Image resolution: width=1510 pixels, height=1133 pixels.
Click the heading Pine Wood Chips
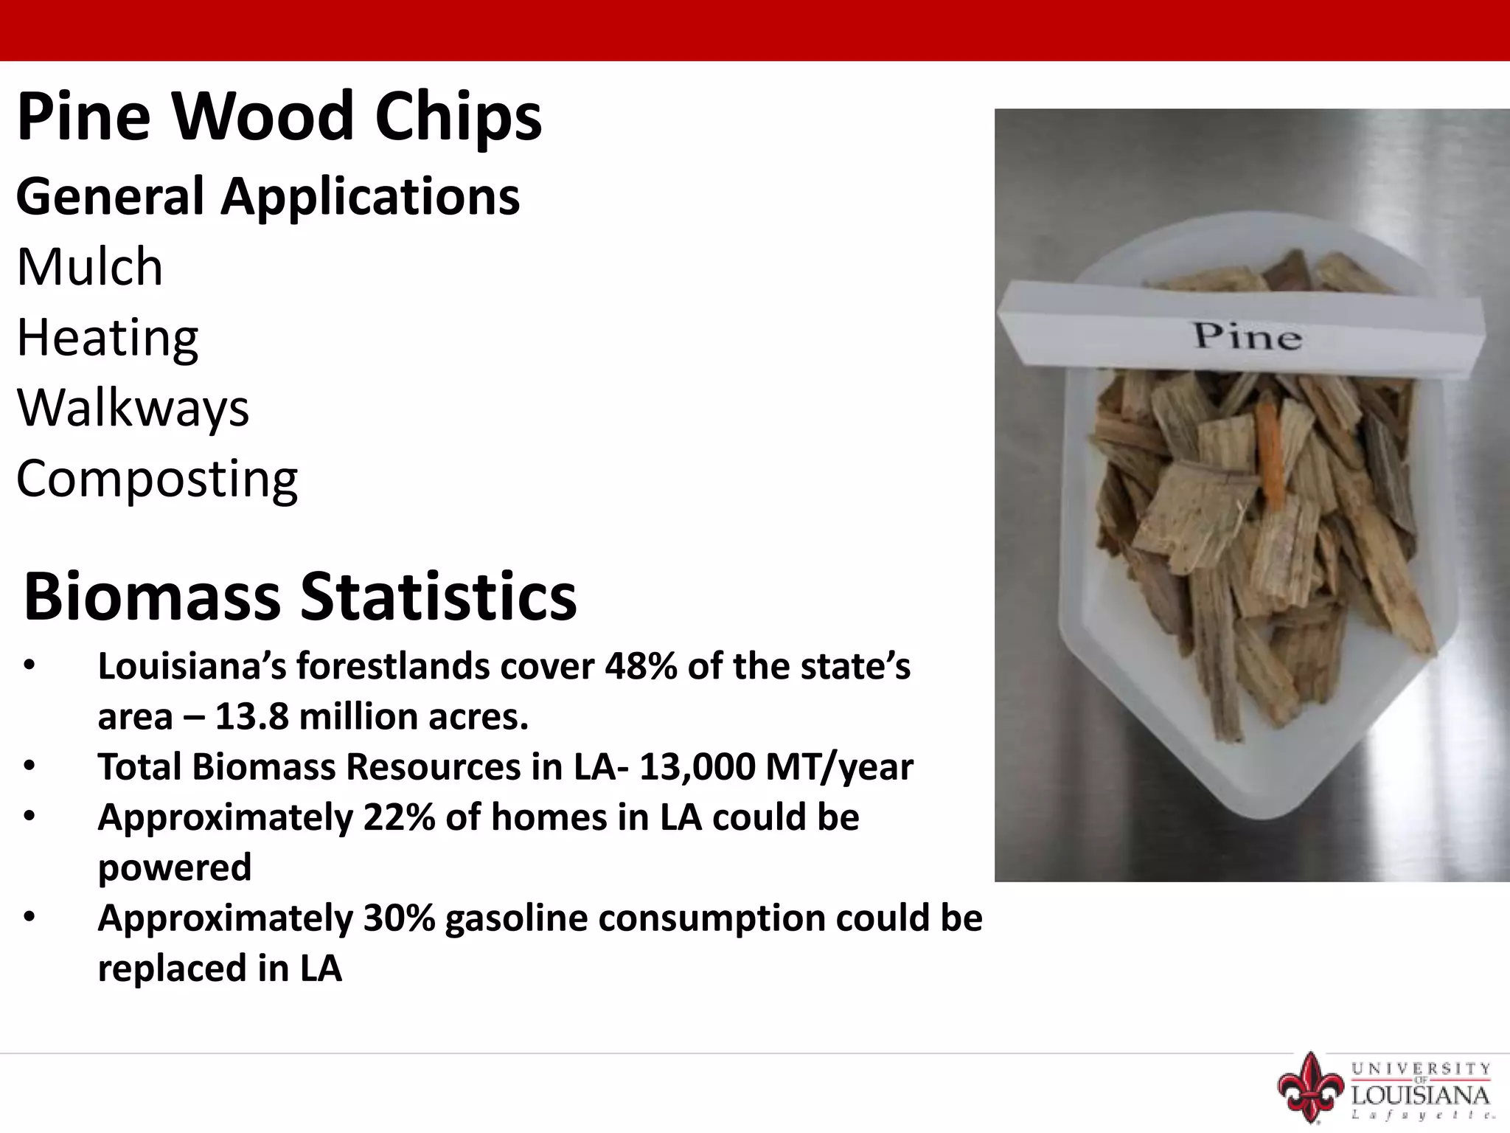279,117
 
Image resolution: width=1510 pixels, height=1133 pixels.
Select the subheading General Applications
268,197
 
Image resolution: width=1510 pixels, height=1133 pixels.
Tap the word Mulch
89,266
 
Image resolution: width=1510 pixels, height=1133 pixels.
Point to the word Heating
108,337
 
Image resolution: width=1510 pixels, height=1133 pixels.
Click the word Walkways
133,408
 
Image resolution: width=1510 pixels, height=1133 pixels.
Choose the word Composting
157,479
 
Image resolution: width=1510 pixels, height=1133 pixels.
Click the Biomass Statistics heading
299,596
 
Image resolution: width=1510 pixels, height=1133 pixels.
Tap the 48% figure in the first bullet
641,666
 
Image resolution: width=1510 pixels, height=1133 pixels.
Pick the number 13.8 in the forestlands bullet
251,716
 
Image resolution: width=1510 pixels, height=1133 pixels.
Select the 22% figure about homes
399,817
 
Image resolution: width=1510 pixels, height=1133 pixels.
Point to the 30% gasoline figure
399,918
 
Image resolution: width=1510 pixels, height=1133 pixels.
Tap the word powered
175,867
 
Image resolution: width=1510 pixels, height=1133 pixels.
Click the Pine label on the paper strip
1248,336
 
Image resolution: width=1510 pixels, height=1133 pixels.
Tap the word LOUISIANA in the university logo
1420,1094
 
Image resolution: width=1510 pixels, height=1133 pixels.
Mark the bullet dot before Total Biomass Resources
29,766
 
